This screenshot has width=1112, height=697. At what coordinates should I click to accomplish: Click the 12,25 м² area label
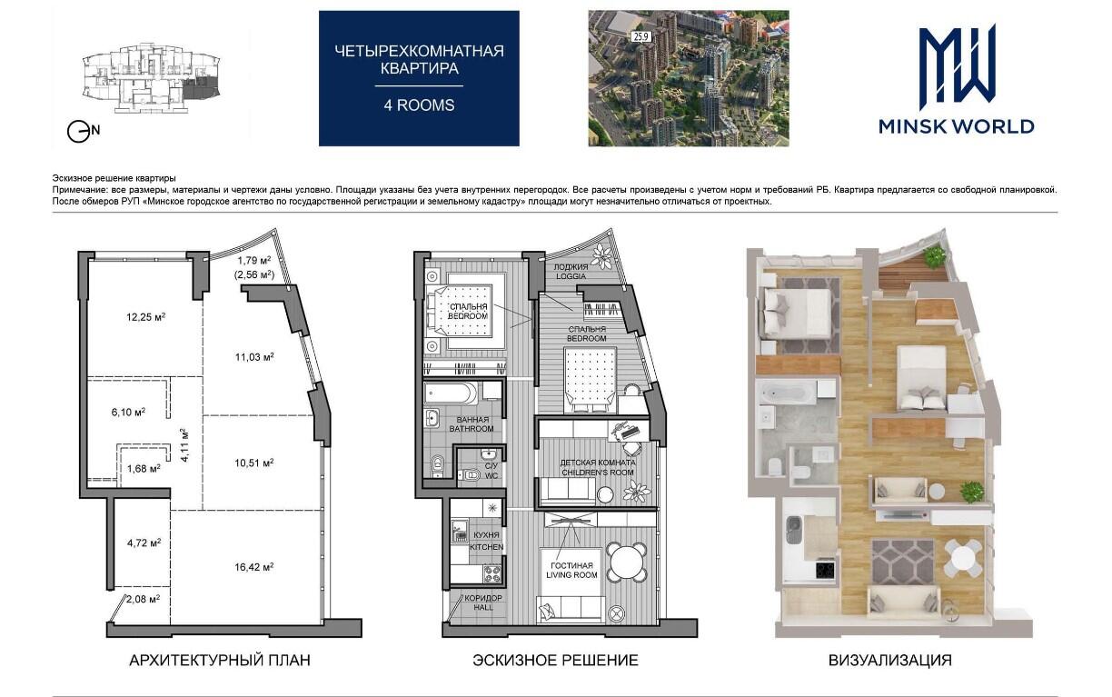(146, 317)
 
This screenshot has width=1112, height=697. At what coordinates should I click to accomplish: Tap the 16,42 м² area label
(254, 567)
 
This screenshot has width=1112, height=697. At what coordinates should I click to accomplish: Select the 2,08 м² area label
(143, 599)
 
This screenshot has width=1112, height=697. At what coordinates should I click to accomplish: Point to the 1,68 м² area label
(144, 468)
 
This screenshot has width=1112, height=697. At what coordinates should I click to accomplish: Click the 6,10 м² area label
(128, 412)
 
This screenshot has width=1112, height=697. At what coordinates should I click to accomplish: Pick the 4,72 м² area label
(144, 543)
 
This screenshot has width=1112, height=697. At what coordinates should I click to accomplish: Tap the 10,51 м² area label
(254, 463)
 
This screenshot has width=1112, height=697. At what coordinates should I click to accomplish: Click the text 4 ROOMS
(419, 105)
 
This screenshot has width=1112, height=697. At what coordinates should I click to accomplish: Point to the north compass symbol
(83, 132)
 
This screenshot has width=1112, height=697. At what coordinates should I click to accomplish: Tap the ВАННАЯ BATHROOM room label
(472, 424)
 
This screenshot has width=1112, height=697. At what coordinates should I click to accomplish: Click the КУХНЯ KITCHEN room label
(487, 541)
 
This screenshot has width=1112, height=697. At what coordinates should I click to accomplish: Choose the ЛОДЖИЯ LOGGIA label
(571, 271)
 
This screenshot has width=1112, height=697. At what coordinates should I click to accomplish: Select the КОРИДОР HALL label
(483, 602)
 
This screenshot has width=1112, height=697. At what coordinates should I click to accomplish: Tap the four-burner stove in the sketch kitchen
(493, 574)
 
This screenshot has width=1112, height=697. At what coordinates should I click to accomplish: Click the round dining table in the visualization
(962, 558)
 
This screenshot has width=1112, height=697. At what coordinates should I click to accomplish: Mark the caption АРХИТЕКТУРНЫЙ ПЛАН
(220, 661)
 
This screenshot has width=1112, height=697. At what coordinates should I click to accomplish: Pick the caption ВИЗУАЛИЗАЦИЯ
(890, 661)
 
